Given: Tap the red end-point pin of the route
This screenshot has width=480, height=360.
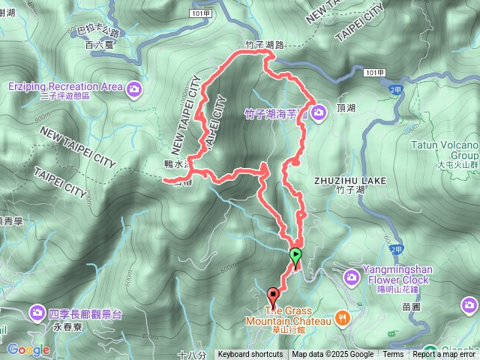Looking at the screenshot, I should point(274,294).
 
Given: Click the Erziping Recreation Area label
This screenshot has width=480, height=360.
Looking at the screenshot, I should point(65,86).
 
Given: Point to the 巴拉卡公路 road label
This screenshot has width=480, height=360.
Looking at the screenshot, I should point(98,33).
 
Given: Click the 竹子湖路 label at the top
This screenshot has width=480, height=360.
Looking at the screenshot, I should point(265,45).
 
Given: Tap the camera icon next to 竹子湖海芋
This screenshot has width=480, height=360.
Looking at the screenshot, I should point(319,113).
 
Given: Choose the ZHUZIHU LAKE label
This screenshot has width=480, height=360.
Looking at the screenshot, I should point(349,181).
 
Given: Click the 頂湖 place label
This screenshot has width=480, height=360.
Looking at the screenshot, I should point(346,108).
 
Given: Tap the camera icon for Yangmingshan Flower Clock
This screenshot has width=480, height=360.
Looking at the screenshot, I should point(351,278).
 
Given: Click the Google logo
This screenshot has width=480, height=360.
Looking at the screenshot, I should point(28,349).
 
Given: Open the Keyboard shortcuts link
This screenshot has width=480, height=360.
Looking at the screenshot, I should point(250,355).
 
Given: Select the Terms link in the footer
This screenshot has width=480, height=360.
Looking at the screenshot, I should point(393,355).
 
